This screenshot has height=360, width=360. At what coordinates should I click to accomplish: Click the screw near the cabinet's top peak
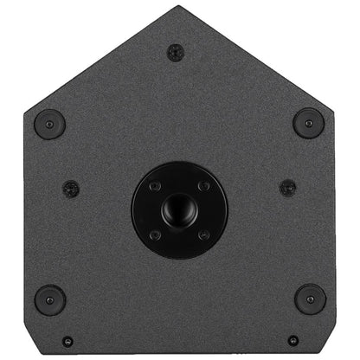point(175,53)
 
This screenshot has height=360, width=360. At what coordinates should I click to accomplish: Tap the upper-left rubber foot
point(49,123)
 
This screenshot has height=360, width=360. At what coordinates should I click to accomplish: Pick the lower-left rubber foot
point(49,299)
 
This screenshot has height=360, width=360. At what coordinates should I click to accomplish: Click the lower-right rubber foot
point(309,299)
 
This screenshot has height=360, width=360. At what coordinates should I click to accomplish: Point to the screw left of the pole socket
point(71,188)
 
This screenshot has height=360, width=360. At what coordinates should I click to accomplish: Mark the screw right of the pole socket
point(287,188)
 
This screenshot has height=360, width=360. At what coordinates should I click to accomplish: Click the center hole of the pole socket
point(179,209)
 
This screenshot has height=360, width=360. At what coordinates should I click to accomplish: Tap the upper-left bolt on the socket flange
point(155,186)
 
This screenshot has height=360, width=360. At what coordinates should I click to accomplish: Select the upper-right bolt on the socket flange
point(203,186)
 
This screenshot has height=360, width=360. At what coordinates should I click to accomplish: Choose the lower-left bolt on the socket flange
point(155,235)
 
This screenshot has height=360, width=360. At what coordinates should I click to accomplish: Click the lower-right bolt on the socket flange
point(203,235)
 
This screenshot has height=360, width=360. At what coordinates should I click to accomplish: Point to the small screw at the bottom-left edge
point(67,341)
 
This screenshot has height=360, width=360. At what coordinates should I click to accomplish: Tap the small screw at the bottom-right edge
point(292,341)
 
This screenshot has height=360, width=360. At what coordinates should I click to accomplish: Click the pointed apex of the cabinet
point(181,7)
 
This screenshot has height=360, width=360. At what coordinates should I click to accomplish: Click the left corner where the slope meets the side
point(25,109)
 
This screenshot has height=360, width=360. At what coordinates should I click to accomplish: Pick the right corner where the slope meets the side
point(334,109)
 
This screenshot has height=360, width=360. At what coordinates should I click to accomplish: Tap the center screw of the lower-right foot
point(309,299)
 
